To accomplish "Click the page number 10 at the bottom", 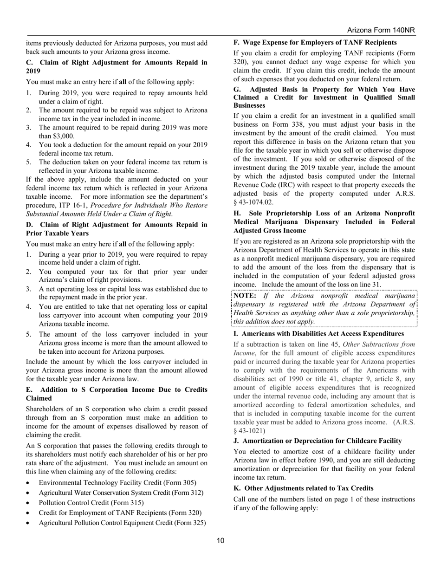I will pos(220,540).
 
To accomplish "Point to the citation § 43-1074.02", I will pos(253,202).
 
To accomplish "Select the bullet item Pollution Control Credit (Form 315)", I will pos(91,503).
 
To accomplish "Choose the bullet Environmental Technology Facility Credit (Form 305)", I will pos(117,483).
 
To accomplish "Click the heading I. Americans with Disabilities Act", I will pos(318,334).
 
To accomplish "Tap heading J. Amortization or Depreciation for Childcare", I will pos(318,441).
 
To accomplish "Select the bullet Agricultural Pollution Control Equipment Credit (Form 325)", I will pos(122,523).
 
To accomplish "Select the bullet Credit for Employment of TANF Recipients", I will pos(120,513).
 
